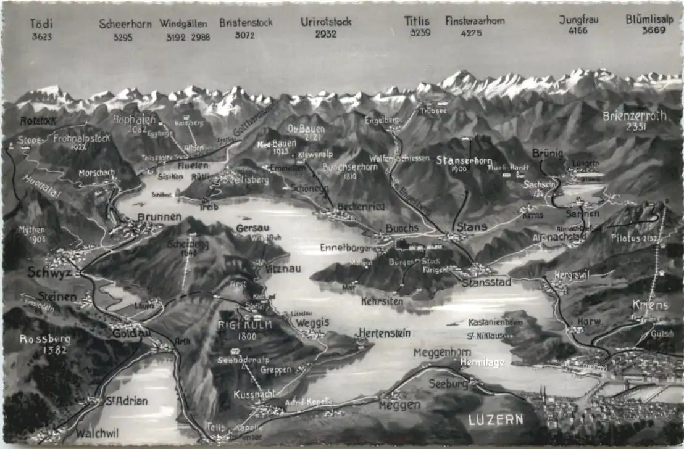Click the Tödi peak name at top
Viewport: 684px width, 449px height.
tap(41, 23)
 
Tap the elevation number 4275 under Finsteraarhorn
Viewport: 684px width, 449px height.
tap(471, 33)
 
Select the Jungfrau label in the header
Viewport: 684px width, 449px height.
tap(578, 20)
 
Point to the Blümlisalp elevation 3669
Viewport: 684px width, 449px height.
tap(653, 30)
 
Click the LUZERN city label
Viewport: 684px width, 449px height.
tap(496, 420)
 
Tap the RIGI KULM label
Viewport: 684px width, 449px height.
tap(236, 325)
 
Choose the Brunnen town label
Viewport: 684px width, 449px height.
tap(159, 217)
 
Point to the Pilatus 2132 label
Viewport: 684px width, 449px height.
tap(636, 237)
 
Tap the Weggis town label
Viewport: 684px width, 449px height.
tap(312, 323)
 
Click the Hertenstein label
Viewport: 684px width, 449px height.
tap(384, 333)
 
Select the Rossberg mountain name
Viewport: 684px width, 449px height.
tap(44, 339)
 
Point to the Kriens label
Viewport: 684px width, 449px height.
tap(650, 305)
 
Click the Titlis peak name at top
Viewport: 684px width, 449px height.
tap(417, 21)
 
